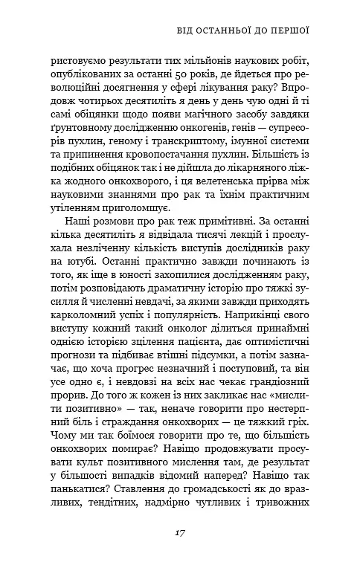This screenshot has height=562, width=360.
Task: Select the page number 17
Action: pyautogui.click(x=180, y=532)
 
